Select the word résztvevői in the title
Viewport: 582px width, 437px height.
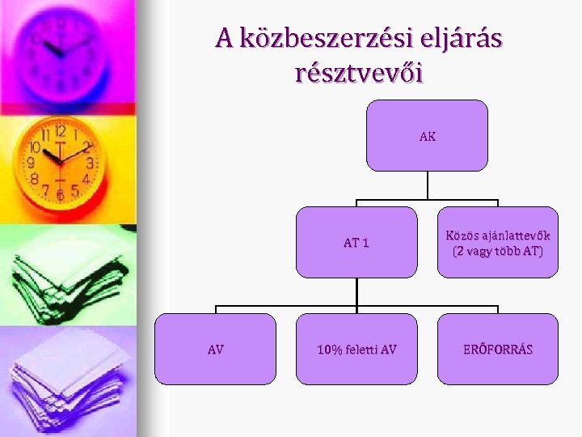click(359, 74)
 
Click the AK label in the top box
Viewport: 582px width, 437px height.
click(428, 137)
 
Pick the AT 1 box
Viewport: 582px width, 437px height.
click(356, 242)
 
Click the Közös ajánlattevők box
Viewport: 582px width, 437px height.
click(498, 242)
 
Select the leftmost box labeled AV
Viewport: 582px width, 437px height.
click(216, 349)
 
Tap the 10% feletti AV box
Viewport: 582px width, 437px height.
click(356, 349)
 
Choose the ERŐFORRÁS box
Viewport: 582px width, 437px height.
click(498, 349)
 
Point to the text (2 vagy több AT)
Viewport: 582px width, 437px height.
click(498, 251)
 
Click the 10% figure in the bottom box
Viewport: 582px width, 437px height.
click(330, 350)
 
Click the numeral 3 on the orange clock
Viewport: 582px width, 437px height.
click(90, 163)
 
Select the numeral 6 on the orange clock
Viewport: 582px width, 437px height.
click(59, 195)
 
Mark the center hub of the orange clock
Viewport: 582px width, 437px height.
click(59, 161)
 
